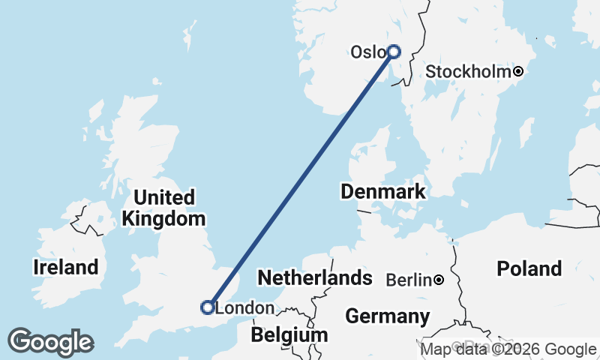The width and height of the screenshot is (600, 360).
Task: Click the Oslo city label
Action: click(x=367, y=52)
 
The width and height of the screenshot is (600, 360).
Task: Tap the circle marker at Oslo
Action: click(x=394, y=52)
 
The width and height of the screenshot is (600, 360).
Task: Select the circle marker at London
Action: click(x=208, y=307)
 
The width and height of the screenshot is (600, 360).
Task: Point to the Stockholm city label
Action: click(x=469, y=72)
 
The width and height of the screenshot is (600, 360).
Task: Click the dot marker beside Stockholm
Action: click(x=518, y=72)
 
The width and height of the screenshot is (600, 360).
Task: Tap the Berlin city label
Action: click(x=409, y=280)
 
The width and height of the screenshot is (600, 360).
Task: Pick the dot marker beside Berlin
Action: click(x=439, y=280)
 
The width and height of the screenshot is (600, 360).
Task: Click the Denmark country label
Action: click(x=383, y=191)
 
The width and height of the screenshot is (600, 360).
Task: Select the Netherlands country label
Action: click(x=315, y=278)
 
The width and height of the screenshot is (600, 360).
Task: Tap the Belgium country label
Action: click(x=289, y=334)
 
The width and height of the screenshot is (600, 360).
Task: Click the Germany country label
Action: click(x=388, y=316)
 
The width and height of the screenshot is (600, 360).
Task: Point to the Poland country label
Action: click(x=529, y=268)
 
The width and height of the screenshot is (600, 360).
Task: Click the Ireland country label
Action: click(x=66, y=267)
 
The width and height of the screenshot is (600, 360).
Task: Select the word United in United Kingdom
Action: click(x=164, y=198)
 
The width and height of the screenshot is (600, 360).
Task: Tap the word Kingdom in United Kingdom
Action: click(x=164, y=219)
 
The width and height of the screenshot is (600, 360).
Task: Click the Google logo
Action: click(x=50, y=342)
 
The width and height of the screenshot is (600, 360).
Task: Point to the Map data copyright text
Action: click(x=508, y=349)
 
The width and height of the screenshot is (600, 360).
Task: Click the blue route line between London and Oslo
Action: click(x=300, y=180)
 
